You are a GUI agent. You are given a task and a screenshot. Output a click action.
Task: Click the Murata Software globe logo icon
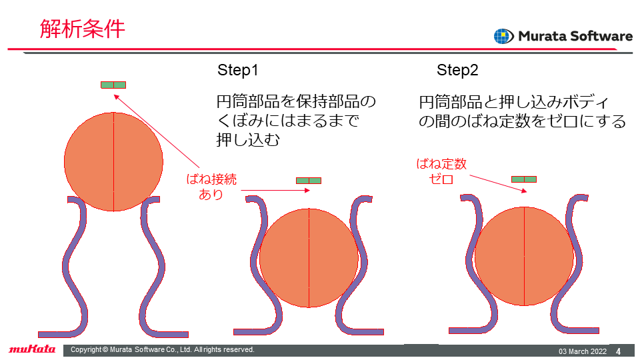(504, 36)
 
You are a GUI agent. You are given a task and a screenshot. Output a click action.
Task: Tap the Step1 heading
(238, 70)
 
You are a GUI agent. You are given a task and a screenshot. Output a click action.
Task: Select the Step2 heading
(457, 70)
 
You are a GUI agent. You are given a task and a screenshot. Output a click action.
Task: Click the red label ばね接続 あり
(211, 187)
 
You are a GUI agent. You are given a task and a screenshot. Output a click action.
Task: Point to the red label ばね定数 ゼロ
(441, 171)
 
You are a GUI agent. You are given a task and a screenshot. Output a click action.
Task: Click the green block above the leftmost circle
(113, 85)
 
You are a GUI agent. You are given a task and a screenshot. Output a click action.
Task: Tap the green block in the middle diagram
(309, 181)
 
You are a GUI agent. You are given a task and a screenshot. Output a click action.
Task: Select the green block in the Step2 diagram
(524, 179)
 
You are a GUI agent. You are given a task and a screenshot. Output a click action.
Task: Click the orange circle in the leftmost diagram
(113, 161)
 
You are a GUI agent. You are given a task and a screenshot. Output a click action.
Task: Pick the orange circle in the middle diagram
(309, 258)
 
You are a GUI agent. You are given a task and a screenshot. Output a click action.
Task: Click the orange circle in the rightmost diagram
(525, 256)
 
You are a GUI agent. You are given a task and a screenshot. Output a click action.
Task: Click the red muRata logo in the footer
(32, 349)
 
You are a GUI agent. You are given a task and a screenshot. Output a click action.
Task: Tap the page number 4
(618, 351)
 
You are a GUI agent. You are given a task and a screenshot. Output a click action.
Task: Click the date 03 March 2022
(583, 351)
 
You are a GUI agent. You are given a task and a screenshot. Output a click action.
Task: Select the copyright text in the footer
(163, 350)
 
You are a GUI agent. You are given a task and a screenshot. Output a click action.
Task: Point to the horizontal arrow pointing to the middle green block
(275, 190)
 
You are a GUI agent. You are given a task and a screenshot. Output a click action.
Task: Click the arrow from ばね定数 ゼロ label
(498, 183)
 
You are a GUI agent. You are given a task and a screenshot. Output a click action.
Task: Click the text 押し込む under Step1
(248, 140)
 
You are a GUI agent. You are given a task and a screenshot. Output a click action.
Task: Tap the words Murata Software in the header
(575, 36)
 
